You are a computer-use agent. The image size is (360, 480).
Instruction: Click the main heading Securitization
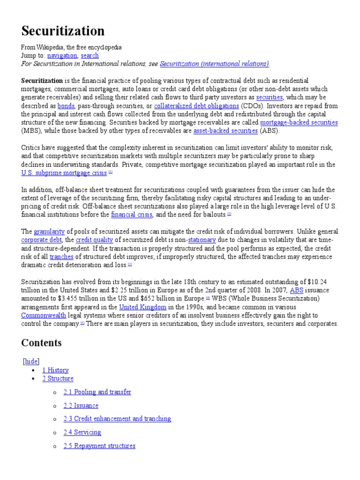(x=63, y=31)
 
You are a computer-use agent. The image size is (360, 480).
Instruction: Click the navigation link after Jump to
(x=62, y=55)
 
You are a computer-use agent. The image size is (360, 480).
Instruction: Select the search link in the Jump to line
(x=90, y=55)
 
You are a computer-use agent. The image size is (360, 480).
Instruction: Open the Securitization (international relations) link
(x=214, y=64)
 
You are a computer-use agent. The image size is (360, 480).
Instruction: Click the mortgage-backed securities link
(x=300, y=122)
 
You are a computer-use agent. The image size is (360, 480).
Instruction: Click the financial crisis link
(x=132, y=215)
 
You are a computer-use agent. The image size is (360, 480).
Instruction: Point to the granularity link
(x=49, y=232)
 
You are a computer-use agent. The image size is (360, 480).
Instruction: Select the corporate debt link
(x=41, y=240)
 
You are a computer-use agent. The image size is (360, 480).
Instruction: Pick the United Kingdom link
(x=143, y=307)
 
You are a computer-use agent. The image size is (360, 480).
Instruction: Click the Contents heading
(x=41, y=343)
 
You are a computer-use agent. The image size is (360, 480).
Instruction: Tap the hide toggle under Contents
(x=32, y=361)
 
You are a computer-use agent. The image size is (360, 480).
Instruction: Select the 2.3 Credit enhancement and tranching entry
(x=117, y=419)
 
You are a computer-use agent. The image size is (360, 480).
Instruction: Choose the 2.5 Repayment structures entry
(x=99, y=446)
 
